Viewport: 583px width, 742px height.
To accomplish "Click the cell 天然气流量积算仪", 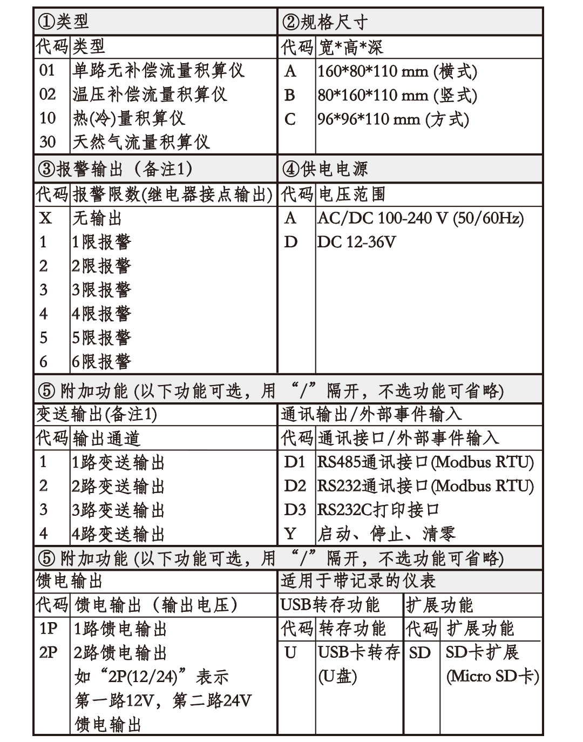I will point(141,142).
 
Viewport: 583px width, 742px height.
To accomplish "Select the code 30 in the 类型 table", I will point(48,142).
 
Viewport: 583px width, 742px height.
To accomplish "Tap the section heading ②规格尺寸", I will point(325,22).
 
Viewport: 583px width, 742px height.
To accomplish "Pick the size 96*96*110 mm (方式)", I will point(393,119).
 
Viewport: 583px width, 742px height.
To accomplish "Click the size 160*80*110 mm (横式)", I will point(397,71).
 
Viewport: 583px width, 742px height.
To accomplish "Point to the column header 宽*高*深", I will point(350,47).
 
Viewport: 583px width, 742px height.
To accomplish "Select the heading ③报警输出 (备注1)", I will point(115,170).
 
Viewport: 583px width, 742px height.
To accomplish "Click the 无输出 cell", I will point(97,218).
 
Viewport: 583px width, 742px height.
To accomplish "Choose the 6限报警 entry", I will point(101,361).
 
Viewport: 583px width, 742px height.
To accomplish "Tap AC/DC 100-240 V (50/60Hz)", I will point(421,218).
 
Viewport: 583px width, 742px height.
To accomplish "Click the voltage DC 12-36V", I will point(356,242).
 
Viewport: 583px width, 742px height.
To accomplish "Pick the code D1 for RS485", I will point(295,462).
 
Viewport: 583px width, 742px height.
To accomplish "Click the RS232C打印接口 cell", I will point(378,510).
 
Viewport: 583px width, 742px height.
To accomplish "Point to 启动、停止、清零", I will point(386,534).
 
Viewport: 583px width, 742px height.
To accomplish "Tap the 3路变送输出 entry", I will point(118,510).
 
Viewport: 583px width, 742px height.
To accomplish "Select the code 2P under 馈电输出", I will point(48,653).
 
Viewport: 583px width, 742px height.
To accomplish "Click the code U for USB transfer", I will point(290,653).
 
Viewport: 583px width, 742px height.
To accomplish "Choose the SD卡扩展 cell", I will point(482,652).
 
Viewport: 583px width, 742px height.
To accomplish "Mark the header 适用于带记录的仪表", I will point(358,581).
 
